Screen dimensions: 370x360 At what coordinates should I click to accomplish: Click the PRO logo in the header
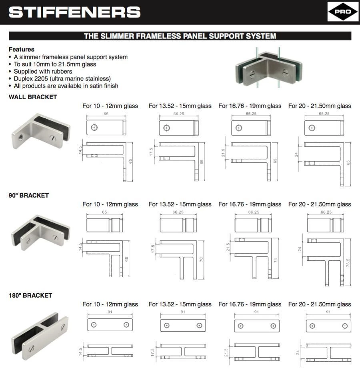click(343, 12)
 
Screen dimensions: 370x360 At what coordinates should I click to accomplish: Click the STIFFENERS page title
click(74, 12)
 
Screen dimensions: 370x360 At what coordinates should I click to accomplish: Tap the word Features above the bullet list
click(22, 50)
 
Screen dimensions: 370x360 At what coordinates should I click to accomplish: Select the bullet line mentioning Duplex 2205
click(62, 78)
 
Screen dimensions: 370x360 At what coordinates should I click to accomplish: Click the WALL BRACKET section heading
click(33, 97)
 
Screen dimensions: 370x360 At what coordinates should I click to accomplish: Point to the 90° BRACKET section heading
click(29, 196)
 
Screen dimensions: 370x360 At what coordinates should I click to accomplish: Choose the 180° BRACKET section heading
click(30, 295)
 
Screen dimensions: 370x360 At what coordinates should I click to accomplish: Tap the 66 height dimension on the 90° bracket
click(127, 259)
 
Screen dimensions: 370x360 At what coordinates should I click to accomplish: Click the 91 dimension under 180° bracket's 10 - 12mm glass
click(110, 312)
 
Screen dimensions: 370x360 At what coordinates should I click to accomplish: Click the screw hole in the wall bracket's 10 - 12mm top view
click(94, 127)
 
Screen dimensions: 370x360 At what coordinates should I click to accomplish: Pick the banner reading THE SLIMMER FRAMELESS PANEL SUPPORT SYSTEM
click(180, 36)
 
